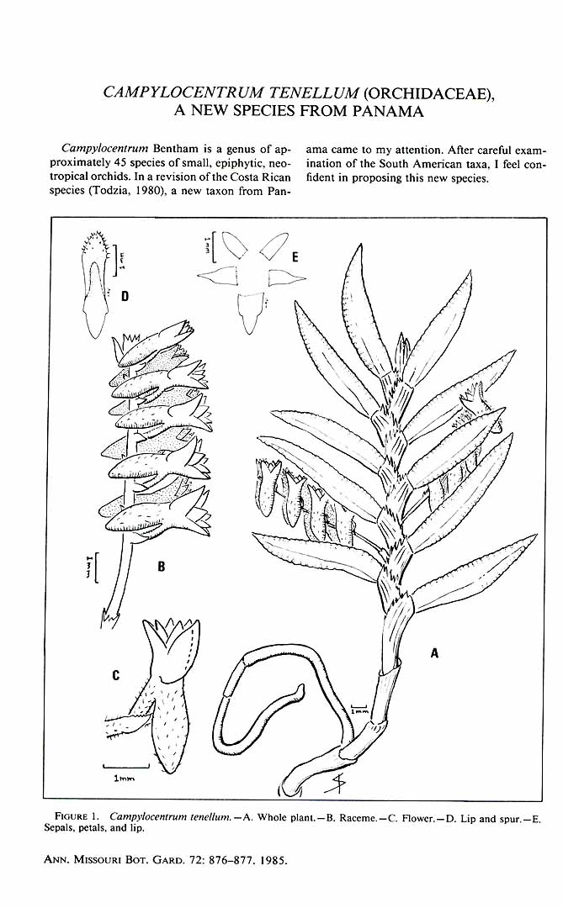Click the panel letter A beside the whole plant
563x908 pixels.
coord(434,652)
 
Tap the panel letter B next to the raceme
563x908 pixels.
coord(162,567)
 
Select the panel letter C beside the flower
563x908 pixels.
coord(116,674)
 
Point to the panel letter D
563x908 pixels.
coord(125,297)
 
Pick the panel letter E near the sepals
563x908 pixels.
coord(295,257)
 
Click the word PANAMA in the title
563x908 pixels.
coord(386,111)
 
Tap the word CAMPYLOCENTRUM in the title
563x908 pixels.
coord(183,92)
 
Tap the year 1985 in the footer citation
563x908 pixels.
coord(274,861)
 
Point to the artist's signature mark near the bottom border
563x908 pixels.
coord(335,784)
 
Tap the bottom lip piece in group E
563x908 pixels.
coord(250,313)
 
